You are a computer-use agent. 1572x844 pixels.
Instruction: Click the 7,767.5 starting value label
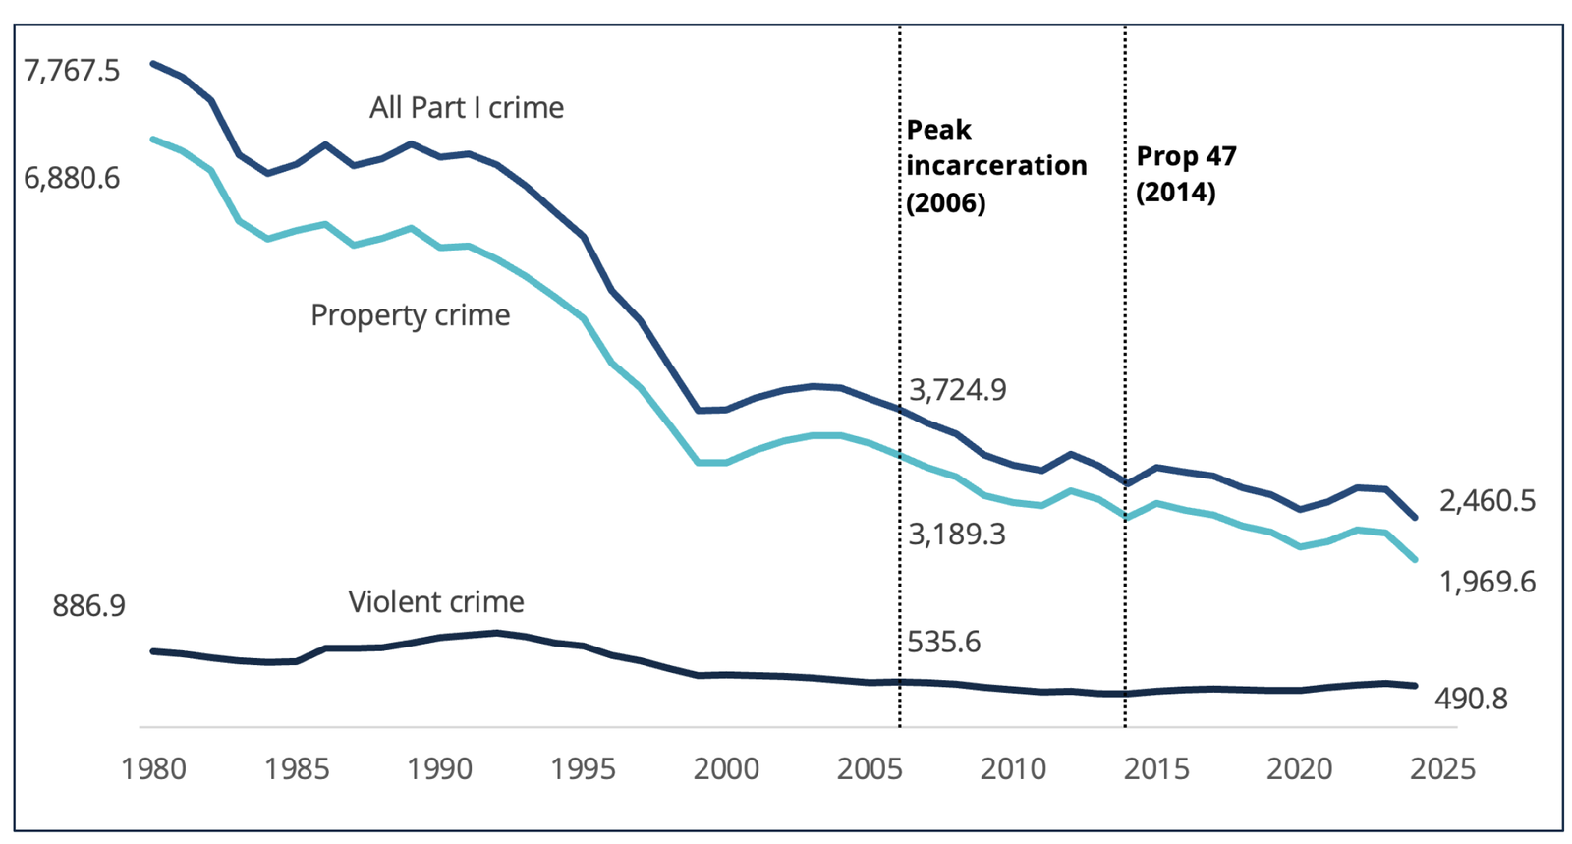tap(72, 71)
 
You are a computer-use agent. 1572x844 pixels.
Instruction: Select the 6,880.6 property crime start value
tap(72, 178)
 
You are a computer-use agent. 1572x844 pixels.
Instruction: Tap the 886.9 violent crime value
tap(89, 605)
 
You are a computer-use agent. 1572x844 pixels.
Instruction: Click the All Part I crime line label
tap(466, 107)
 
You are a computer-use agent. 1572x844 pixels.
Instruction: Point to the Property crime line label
tap(410, 314)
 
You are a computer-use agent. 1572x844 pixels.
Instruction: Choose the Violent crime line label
tap(436, 601)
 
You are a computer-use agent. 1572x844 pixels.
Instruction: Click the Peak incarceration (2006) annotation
tap(995, 165)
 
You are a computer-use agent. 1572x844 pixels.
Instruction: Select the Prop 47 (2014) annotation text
tap(1186, 174)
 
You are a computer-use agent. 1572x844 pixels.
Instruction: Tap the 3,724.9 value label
tap(957, 390)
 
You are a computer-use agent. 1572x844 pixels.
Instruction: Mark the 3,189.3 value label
tap(956, 535)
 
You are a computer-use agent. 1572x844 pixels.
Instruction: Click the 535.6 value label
tap(943, 642)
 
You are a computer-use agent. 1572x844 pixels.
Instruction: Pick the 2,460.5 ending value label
tap(1487, 501)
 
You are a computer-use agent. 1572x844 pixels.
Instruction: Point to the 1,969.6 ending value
tap(1487, 582)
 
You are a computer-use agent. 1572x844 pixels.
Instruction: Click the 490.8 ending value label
tap(1471, 699)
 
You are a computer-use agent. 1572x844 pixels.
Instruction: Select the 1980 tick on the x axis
tap(153, 768)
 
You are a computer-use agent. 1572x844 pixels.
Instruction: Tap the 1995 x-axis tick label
tap(584, 768)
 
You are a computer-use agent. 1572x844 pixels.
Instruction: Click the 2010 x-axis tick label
tap(1013, 768)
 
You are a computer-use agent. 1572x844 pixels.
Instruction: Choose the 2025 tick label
tap(1442, 768)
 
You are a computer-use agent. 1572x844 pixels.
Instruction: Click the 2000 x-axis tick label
tap(726, 768)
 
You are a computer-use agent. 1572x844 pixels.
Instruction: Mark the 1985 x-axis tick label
tap(297, 768)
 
